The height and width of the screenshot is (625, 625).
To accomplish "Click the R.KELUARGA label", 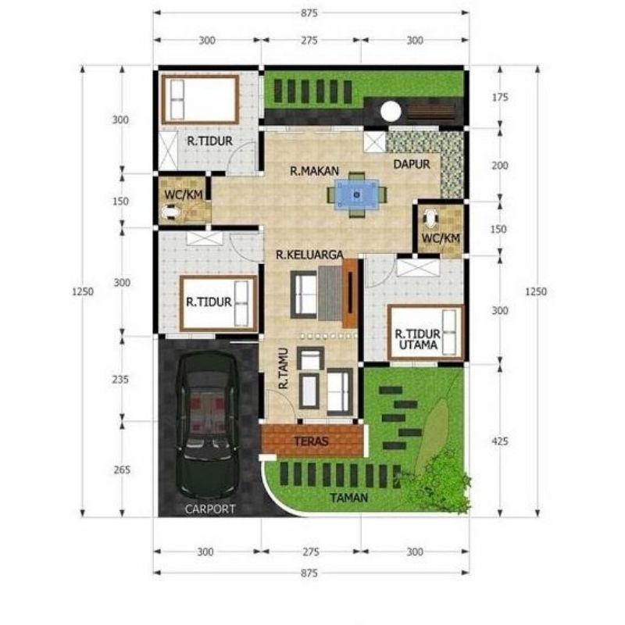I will pyautogui.click(x=310, y=254).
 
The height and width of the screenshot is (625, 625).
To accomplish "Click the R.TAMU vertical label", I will pyautogui.click(x=284, y=369).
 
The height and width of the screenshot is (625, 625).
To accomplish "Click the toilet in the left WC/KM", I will pyautogui.click(x=170, y=211).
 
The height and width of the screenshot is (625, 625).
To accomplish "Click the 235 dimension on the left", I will pyautogui.click(x=121, y=379).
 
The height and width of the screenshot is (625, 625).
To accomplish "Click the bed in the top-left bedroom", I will pyautogui.click(x=200, y=97).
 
